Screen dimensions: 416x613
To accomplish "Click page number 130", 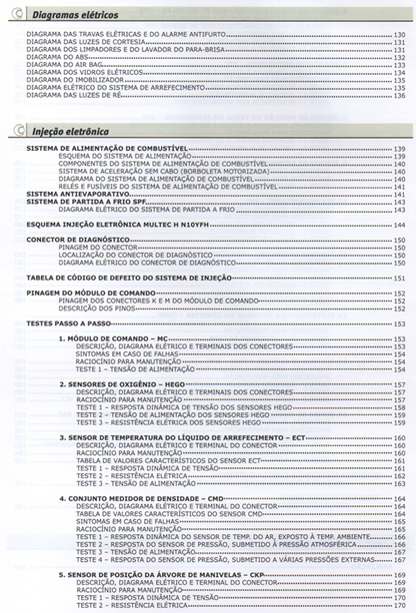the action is [x=399, y=34].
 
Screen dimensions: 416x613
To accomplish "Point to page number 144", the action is [x=399, y=226].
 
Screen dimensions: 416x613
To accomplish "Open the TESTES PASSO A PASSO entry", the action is [x=63, y=323].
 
